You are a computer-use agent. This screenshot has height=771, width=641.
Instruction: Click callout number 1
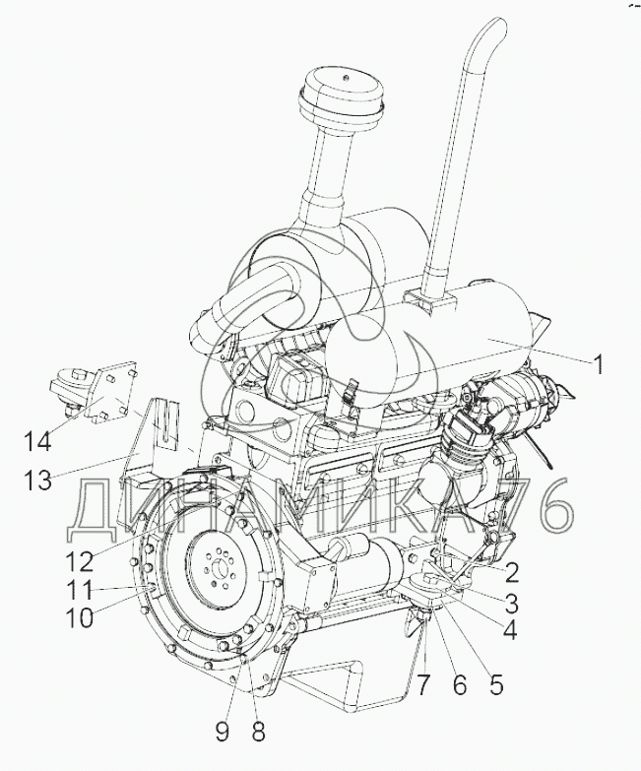point(597,365)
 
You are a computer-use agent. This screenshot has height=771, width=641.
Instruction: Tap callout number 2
point(512,572)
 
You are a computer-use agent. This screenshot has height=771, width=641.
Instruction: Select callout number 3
point(512,604)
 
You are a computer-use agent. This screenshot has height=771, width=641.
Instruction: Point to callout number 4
point(511,630)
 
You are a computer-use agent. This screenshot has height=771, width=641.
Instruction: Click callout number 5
point(496,684)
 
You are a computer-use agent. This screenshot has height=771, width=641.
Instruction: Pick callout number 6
point(460,684)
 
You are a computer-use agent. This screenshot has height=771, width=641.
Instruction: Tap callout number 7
point(423,684)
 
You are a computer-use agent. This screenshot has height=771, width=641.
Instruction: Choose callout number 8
point(258,732)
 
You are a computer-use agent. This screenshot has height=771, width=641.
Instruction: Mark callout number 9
point(223,732)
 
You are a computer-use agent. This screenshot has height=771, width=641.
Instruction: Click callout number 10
point(80,617)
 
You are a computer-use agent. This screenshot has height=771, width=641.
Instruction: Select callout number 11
point(80,590)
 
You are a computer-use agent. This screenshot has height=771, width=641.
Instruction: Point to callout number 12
point(80,561)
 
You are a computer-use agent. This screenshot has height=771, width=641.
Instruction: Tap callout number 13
point(38,480)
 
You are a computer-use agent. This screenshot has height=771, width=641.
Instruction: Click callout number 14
point(37,441)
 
